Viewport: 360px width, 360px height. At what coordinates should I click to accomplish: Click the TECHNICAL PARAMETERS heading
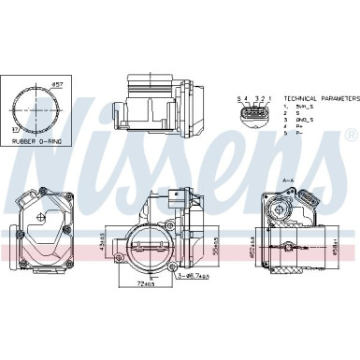tap(321, 97)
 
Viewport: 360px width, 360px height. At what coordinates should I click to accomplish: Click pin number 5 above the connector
tap(238, 97)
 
